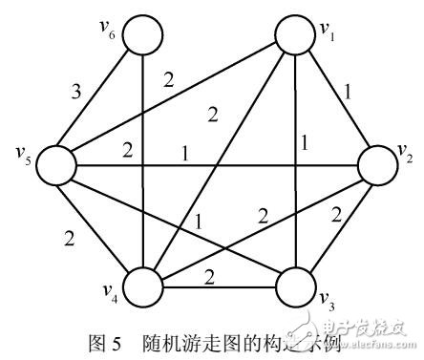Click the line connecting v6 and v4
(x=141, y=162)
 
